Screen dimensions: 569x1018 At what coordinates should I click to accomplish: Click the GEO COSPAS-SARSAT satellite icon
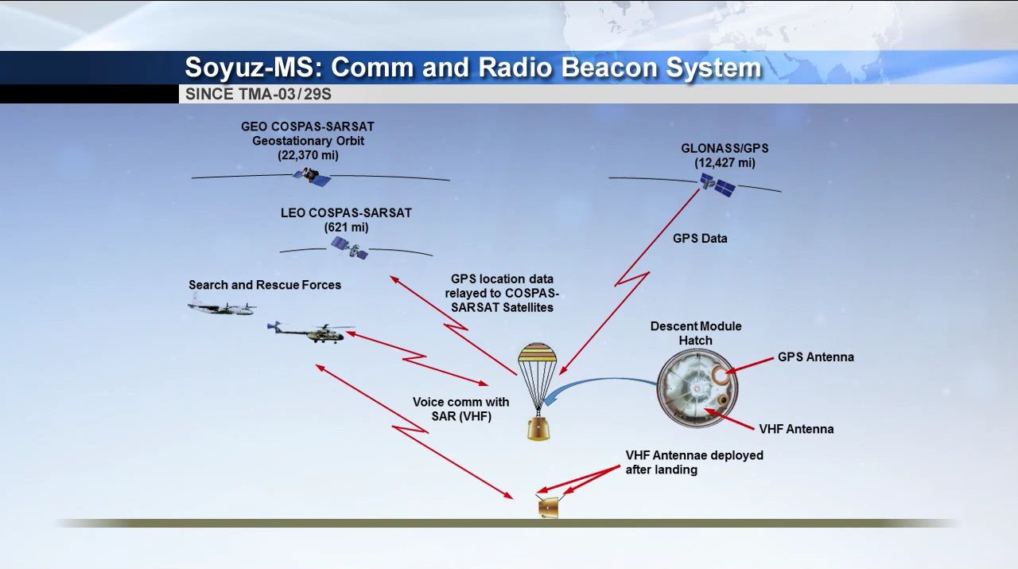pyautogui.click(x=312, y=176)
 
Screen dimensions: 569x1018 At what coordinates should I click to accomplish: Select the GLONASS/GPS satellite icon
pyautogui.click(x=717, y=186)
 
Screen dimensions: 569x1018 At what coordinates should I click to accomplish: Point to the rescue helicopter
pyautogui.click(x=313, y=331)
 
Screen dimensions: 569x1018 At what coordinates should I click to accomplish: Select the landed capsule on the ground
pyautogui.click(x=548, y=508)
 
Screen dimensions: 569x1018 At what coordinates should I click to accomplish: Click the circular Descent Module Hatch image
pyautogui.click(x=697, y=388)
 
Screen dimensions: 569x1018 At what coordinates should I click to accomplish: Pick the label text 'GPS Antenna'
pyautogui.click(x=815, y=357)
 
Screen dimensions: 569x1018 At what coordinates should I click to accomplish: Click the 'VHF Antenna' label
pyautogui.click(x=796, y=429)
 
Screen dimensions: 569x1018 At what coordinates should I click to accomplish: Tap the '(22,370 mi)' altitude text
pyautogui.click(x=308, y=155)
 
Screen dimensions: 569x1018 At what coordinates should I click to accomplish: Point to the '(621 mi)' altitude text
pyautogui.click(x=346, y=228)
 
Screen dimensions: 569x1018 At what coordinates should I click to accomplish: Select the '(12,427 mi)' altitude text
pyautogui.click(x=725, y=163)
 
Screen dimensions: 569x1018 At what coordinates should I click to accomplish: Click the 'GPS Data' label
pyautogui.click(x=700, y=238)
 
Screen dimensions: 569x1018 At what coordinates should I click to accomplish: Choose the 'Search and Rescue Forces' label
pyautogui.click(x=265, y=285)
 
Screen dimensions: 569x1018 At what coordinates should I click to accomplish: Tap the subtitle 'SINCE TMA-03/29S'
pyautogui.click(x=258, y=94)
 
